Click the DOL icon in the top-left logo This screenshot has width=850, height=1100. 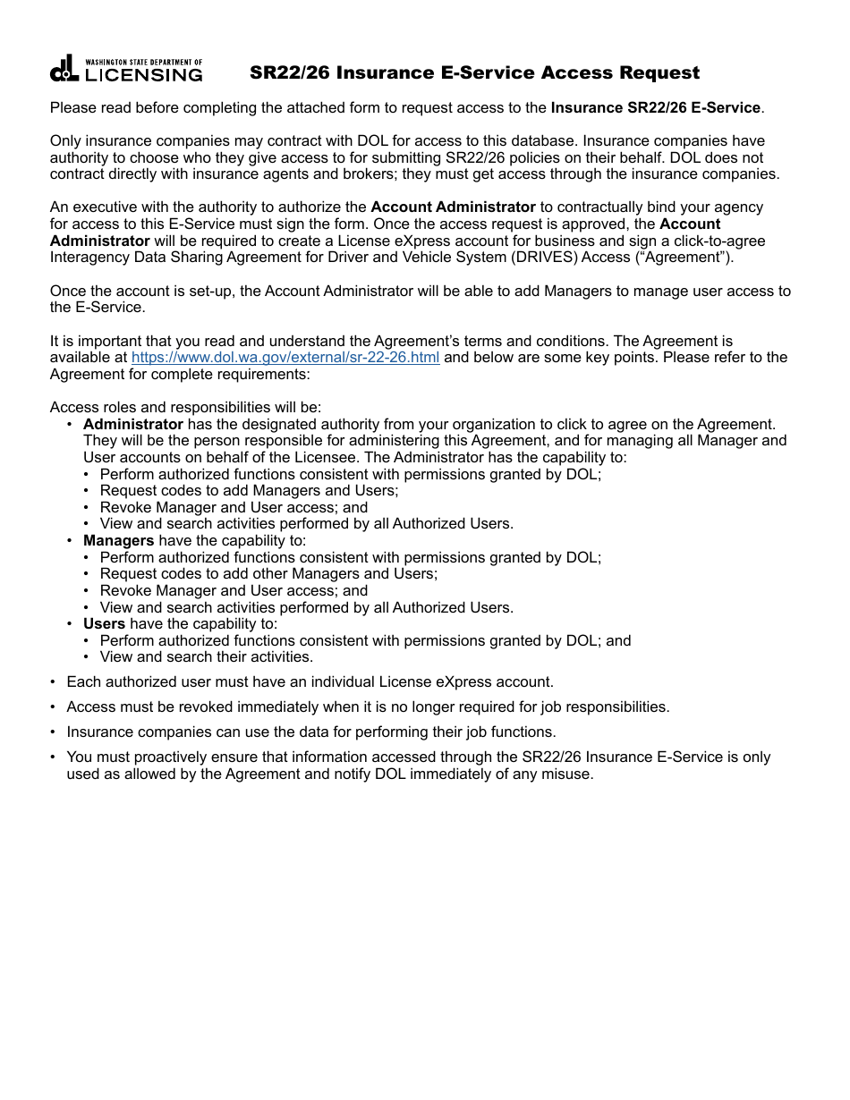click(x=64, y=70)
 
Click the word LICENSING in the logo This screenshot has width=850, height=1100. click(x=144, y=75)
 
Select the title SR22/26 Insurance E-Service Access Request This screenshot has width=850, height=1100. click(x=474, y=72)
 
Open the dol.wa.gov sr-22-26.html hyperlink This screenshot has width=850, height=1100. click(x=285, y=358)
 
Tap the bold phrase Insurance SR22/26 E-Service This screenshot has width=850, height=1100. click(x=655, y=108)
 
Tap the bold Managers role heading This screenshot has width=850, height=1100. click(x=118, y=541)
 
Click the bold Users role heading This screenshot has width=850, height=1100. click(x=104, y=624)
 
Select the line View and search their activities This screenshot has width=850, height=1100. click(x=206, y=657)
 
